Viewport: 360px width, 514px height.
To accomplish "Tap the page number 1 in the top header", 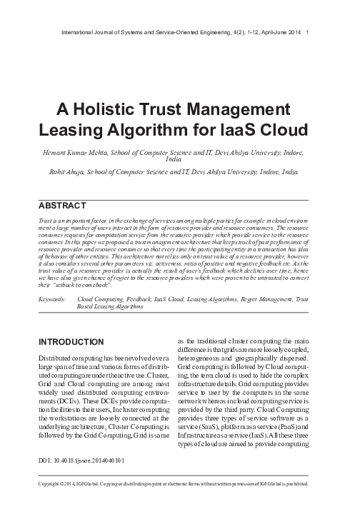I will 306,31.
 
